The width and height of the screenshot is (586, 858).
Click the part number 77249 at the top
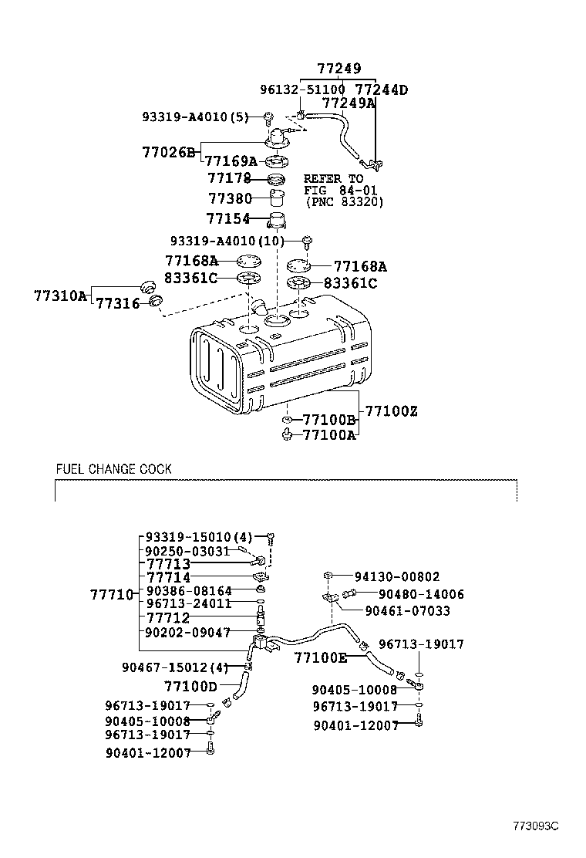338,69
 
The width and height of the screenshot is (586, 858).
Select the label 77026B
169,152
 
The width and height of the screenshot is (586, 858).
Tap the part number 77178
230,179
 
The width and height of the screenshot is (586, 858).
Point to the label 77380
230,198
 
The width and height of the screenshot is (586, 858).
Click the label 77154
229,218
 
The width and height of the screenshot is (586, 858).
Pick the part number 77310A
61,296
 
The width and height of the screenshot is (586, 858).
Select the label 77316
117,303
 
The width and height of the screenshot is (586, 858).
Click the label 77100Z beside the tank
391,411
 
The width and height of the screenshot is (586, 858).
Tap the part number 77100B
328,421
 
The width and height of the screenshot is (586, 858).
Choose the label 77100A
328,435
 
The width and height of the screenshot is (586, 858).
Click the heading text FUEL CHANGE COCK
113,469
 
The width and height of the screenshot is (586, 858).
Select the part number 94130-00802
396,576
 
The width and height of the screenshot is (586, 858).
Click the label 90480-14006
421,595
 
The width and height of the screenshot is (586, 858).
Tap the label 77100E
321,658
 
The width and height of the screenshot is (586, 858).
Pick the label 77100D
190,686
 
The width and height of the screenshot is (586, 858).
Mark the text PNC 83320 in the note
344,202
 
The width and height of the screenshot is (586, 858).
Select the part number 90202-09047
188,631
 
